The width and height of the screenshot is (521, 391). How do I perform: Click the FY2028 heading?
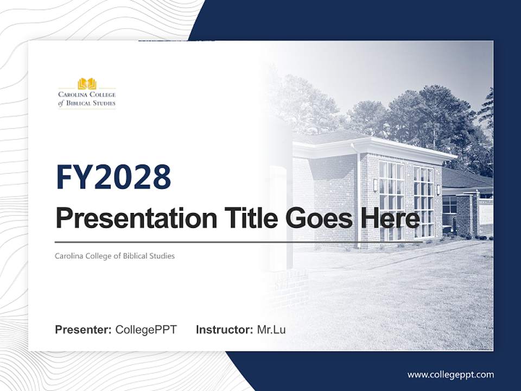[113, 177]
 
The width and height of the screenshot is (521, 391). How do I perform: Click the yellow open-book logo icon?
[87, 84]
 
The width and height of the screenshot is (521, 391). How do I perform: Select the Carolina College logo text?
[87, 99]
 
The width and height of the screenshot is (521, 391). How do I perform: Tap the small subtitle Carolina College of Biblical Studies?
[115, 256]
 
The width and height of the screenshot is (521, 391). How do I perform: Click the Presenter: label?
[84, 330]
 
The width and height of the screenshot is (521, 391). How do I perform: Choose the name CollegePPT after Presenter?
[146, 330]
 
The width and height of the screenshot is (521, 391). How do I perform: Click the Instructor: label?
[224, 330]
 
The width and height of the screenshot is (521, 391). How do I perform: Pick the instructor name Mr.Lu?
[271, 330]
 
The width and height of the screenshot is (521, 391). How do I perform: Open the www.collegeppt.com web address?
[450, 375]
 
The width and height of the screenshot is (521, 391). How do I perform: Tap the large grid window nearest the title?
[391, 200]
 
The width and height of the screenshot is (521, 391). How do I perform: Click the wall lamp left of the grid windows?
[375, 185]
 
